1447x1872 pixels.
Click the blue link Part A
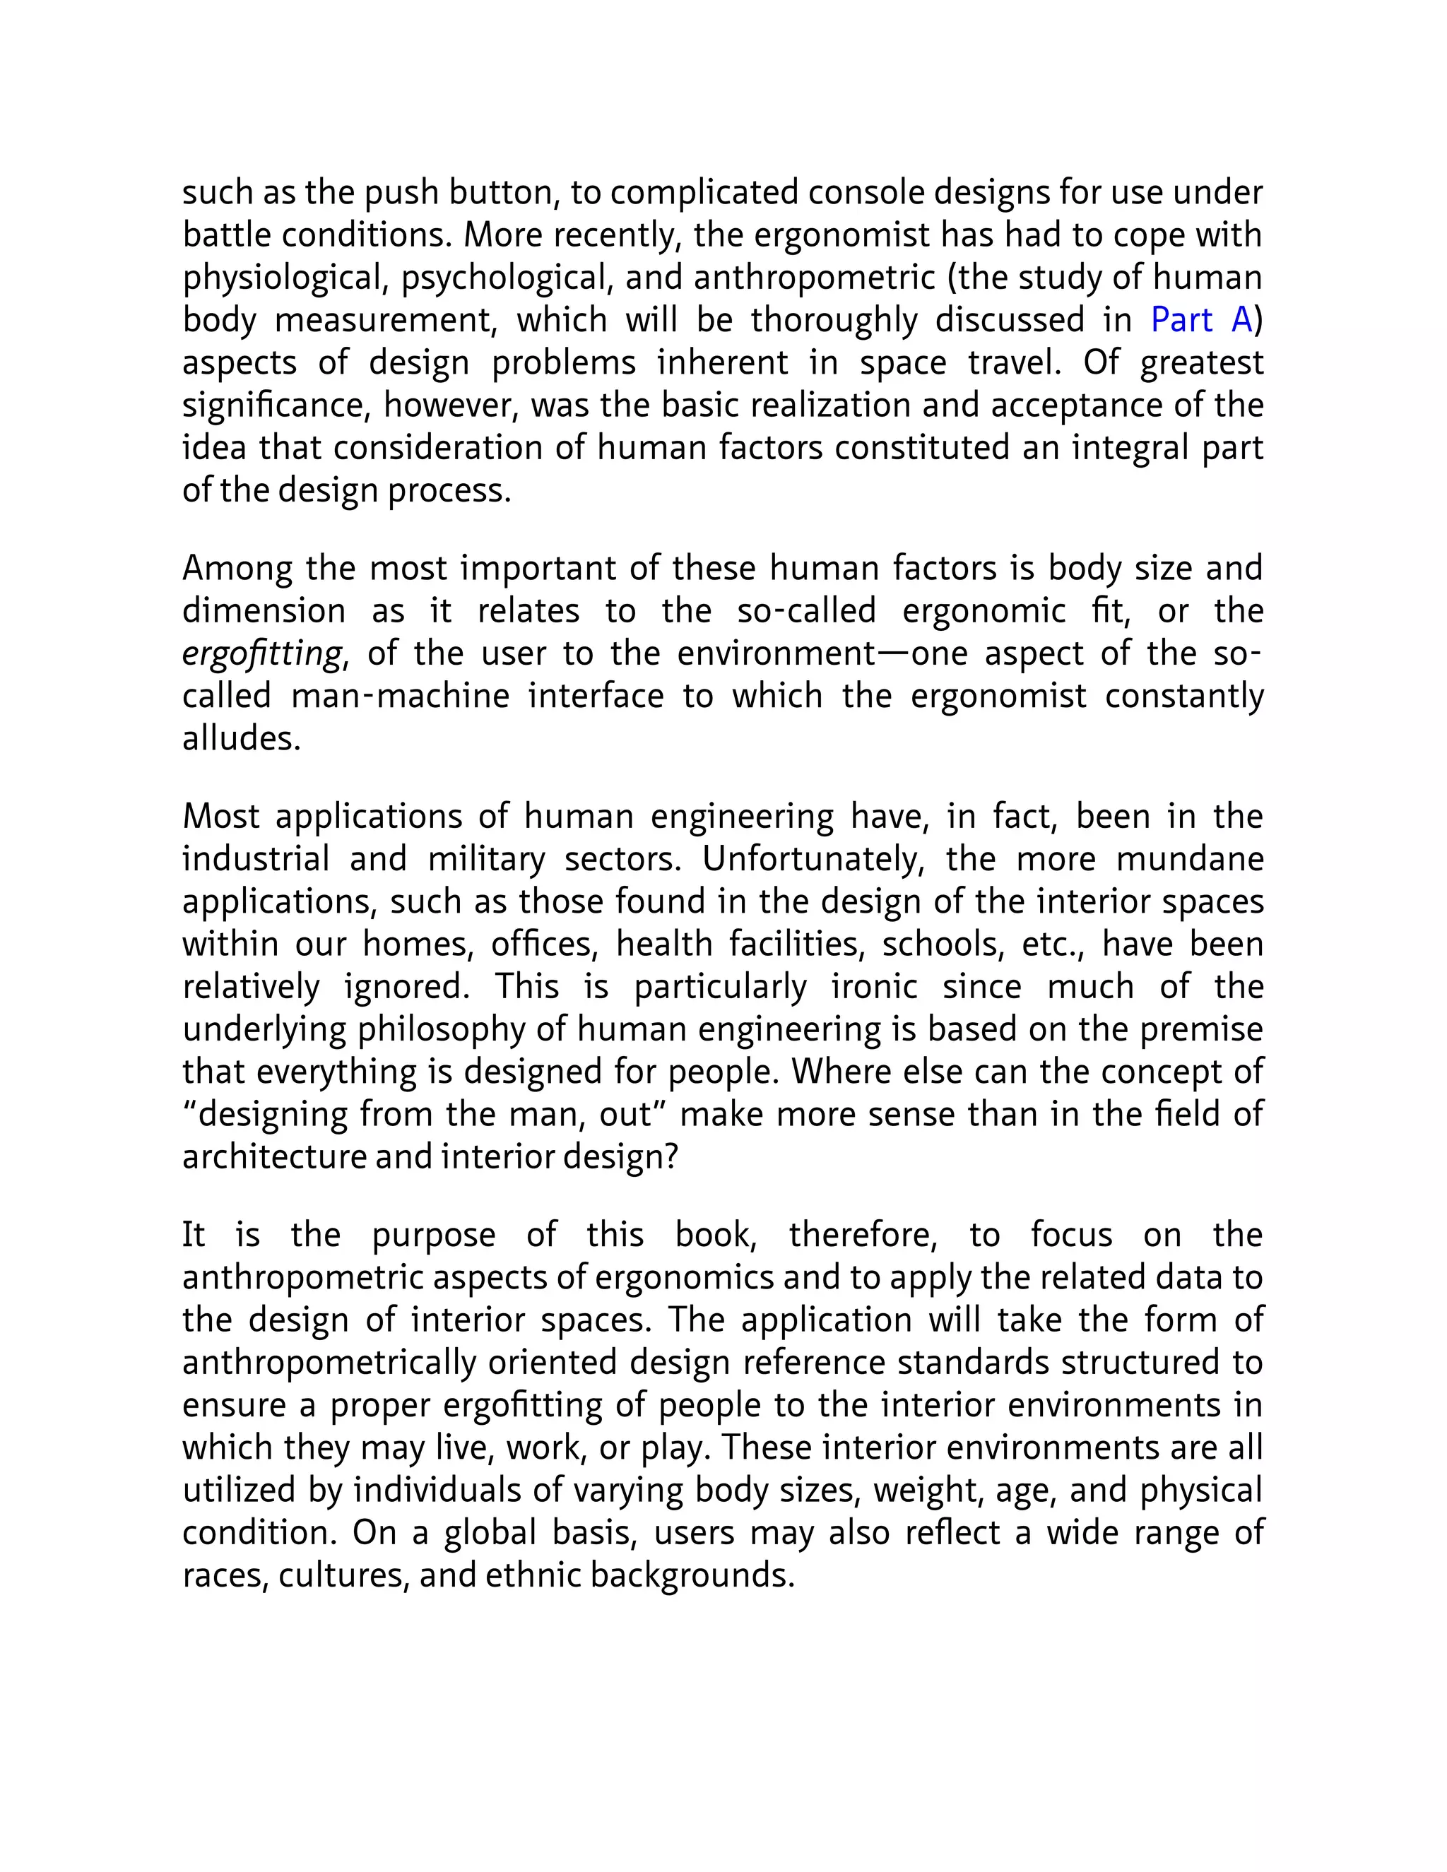point(1201,320)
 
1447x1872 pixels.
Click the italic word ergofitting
point(262,654)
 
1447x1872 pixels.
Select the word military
point(486,859)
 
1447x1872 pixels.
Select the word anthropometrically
point(329,1363)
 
